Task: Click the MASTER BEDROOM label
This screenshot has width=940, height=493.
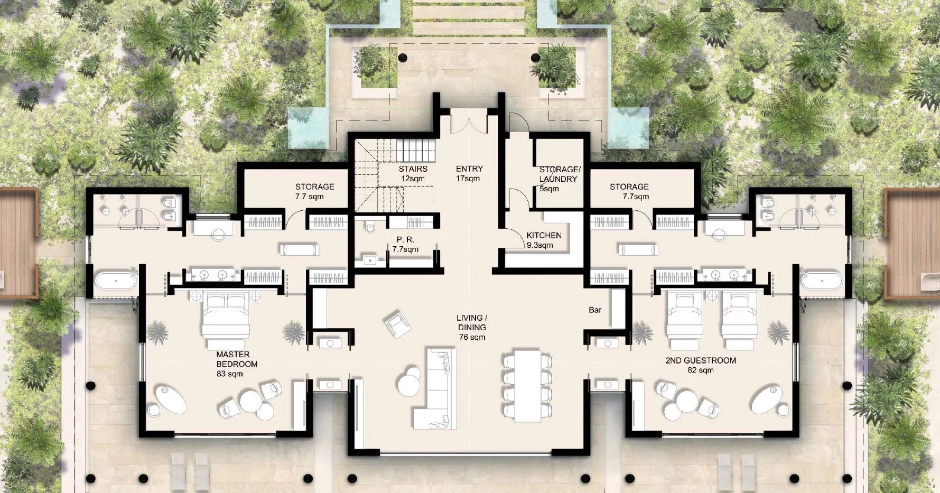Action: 236,364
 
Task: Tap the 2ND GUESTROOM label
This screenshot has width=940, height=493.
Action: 701,365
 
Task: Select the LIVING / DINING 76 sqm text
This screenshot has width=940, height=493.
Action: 472,327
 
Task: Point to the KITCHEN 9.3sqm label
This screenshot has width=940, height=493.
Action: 544,240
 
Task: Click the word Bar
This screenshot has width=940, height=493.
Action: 595,310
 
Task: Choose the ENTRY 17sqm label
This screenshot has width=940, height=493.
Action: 469,173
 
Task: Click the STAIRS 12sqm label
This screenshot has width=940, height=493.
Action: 413,173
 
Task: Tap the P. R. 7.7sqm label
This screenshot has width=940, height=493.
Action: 405,244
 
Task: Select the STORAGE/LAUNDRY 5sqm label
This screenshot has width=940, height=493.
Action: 559,179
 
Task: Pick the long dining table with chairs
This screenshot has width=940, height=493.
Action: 527,385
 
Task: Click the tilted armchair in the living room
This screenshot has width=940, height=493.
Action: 397,324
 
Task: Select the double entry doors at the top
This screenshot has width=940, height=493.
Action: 468,122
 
